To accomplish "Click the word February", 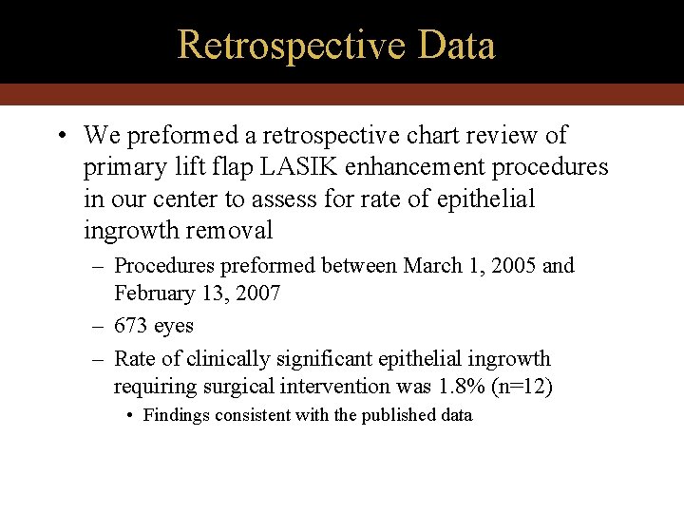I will (x=155, y=294).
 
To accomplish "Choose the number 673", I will (x=130, y=326).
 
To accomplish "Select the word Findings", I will (x=177, y=415).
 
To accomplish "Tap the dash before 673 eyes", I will (x=98, y=326).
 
